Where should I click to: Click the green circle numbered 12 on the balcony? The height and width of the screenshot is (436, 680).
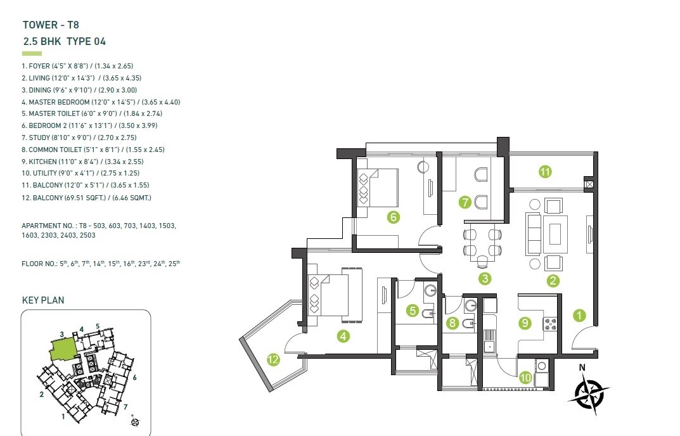pos(273,360)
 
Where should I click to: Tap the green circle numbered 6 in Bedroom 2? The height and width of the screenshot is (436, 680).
pos(393,217)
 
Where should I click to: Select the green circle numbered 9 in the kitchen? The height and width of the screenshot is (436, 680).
pos(525,323)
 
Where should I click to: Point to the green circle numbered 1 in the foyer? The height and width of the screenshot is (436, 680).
pos(578,314)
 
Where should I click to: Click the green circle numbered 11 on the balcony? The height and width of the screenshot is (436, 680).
pos(544,170)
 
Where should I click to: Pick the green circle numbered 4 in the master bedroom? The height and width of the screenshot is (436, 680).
pos(343,337)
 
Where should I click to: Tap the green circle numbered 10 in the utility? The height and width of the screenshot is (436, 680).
pos(525,378)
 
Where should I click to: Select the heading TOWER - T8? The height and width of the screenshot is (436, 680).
pos(50,25)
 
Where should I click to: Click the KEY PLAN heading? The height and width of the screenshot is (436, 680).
pos(43,300)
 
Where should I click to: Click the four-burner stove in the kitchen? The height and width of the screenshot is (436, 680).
pos(548,324)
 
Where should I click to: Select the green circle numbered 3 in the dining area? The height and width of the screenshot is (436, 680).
pos(485,278)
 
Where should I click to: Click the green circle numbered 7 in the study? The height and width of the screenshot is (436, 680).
pos(465,203)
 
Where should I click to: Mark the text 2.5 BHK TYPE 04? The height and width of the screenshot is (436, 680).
pos(63,42)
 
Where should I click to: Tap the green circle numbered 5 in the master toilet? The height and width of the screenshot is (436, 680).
pos(413,311)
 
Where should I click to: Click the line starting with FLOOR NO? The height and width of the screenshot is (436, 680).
pos(100,262)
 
